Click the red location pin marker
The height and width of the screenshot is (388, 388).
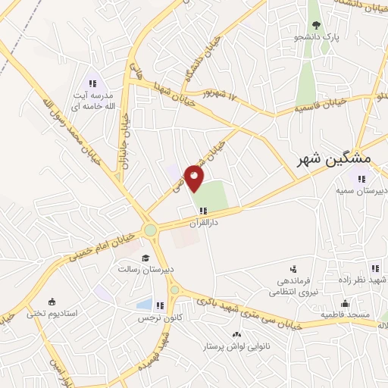tap(196, 178)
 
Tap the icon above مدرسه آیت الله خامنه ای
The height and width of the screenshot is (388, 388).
tap(92, 83)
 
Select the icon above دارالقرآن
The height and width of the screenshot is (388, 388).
tap(202, 211)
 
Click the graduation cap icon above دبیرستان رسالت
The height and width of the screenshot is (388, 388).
tap(145, 257)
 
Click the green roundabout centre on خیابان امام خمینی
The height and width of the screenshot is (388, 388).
tap(150, 229)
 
